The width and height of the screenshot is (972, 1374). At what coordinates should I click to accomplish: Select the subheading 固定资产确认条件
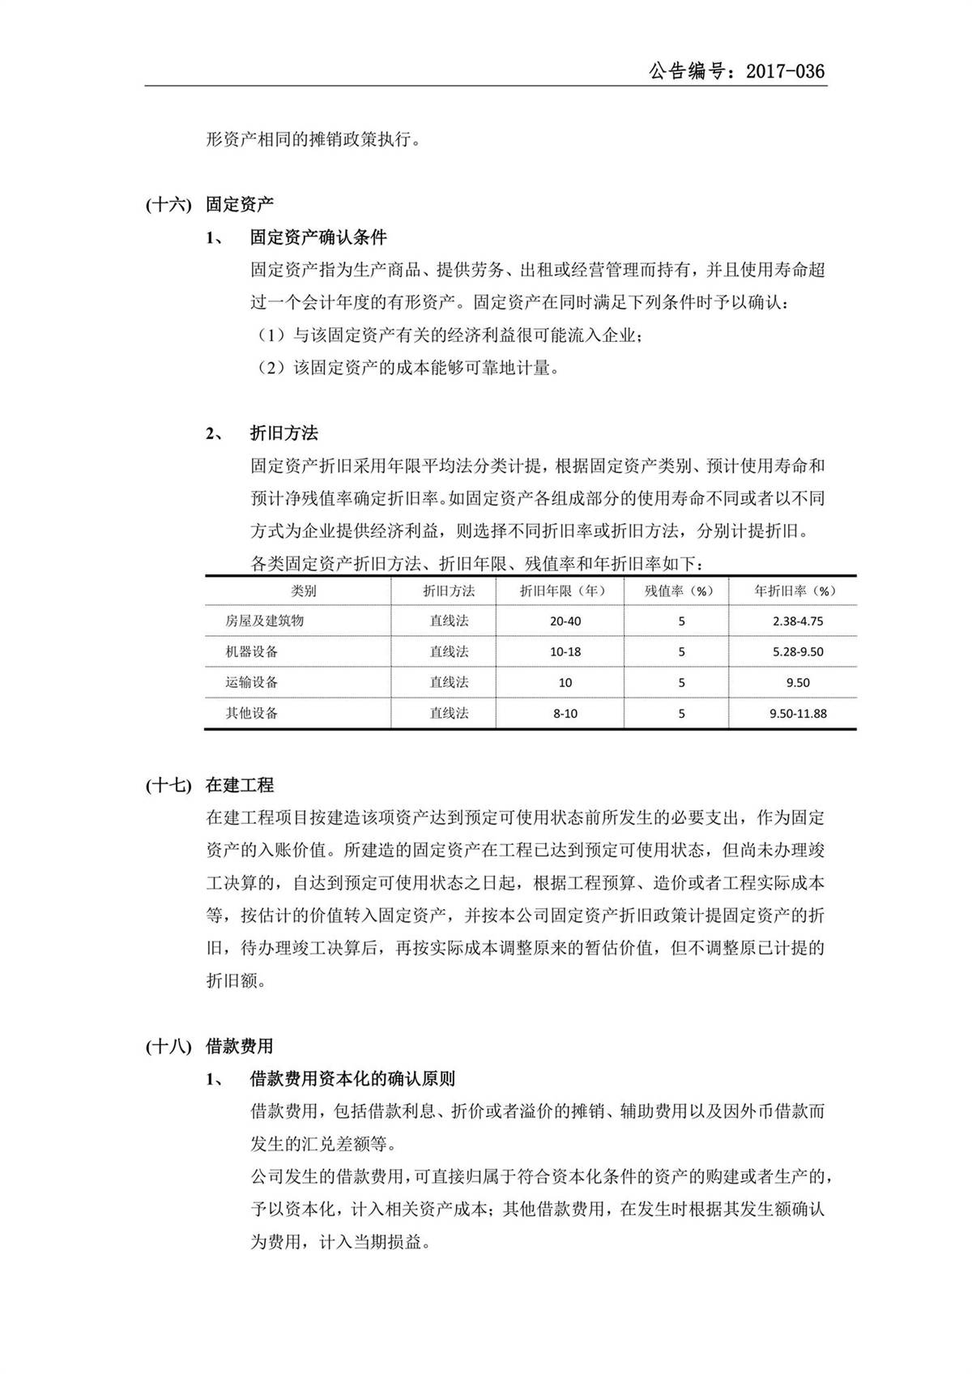click(318, 237)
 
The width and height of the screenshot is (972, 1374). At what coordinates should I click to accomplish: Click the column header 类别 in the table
click(304, 591)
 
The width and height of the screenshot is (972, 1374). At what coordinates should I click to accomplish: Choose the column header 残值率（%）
click(679, 591)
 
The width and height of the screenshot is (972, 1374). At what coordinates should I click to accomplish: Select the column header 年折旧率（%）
click(795, 591)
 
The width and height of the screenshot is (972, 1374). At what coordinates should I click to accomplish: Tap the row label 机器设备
click(252, 652)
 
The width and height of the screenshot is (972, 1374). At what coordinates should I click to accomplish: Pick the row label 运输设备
click(252, 683)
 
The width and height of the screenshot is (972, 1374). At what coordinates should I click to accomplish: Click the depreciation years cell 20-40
click(565, 621)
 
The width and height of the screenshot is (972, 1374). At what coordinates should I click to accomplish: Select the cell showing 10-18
click(565, 652)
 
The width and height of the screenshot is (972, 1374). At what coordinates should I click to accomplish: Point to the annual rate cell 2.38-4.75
click(798, 621)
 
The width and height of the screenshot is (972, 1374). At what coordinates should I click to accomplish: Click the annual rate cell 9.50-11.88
click(798, 714)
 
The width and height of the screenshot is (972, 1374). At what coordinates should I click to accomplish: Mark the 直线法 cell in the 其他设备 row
click(449, 714)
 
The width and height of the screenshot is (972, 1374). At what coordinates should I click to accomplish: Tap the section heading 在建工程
click(240, 785)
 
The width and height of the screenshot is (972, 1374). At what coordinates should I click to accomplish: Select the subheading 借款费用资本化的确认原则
click(352, 1079)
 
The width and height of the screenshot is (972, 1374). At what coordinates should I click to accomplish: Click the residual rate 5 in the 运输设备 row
click(681, 683)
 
